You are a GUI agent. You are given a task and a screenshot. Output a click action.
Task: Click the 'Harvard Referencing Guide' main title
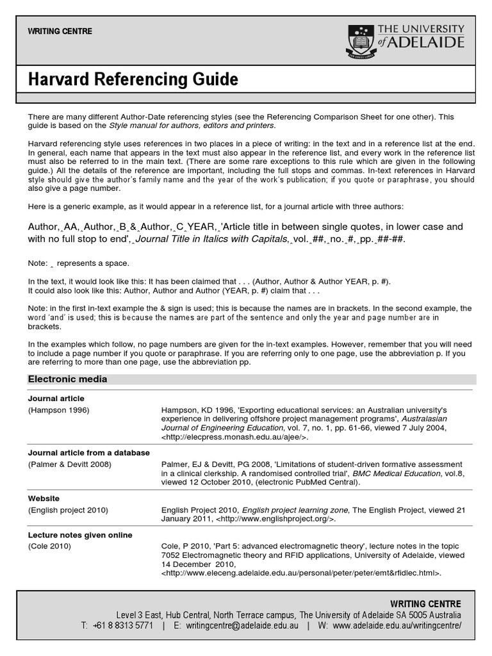click(x=133, y=80)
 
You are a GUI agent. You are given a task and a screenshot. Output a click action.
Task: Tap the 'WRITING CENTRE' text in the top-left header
click(x=60, y=31)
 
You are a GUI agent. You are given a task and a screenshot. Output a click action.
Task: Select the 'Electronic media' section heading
click(x=67, y=379)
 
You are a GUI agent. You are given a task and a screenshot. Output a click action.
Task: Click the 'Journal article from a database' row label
click(x=89, y=452)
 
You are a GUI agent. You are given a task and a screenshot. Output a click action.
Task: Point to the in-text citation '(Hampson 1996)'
click(x=59, y=409)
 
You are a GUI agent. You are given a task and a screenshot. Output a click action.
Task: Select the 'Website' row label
click(x=44, y=498)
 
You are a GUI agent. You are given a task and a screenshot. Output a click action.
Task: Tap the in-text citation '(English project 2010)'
click(x=69, y=510)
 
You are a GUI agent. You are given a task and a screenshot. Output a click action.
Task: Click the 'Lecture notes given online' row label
click(x=80, y=535)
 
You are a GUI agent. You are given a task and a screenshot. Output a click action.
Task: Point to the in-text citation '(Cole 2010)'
click(x=50, y=546)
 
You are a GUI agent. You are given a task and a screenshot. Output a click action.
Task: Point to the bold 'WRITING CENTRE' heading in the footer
click(x=425, y=603)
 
